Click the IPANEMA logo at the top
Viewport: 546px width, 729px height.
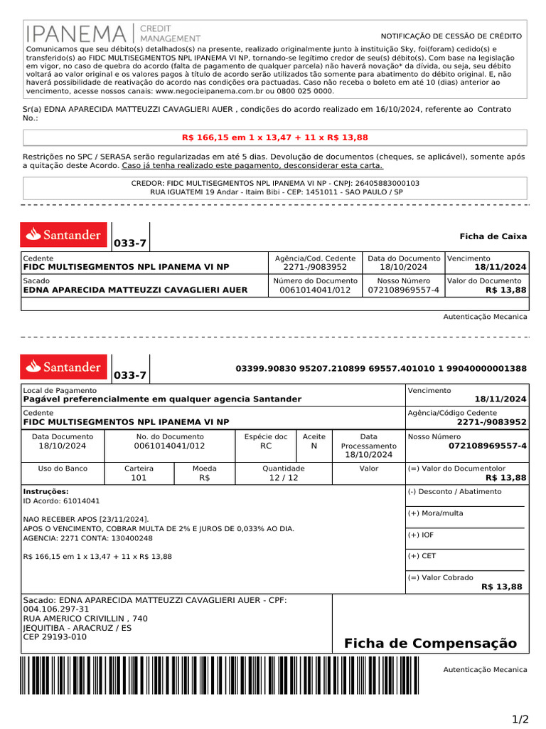point(113,33)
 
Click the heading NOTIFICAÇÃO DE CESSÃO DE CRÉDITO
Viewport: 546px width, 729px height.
point(451,36)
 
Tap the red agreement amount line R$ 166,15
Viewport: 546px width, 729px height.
point(275,137)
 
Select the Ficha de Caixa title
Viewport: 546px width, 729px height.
point(493,236)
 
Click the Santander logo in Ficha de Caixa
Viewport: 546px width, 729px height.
point(64,234)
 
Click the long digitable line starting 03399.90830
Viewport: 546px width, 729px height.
point(381,368)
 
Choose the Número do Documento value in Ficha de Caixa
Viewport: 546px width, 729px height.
point(315,290)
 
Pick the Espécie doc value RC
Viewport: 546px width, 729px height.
point(266,446)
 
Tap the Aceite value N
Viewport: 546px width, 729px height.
point(314,446)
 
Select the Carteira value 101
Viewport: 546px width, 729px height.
point(139,478)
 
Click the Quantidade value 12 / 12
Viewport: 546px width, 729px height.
point(284,478)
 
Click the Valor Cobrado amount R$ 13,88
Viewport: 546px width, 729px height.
point(501,587)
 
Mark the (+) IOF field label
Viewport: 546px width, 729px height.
point(421,535)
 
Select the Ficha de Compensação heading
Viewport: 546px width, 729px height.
point(430,644)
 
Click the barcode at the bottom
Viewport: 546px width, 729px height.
point(220,675)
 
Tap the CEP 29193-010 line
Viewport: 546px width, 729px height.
point(55,636)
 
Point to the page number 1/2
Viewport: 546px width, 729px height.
point(520,719)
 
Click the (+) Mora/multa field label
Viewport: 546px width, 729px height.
point(435,513)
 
